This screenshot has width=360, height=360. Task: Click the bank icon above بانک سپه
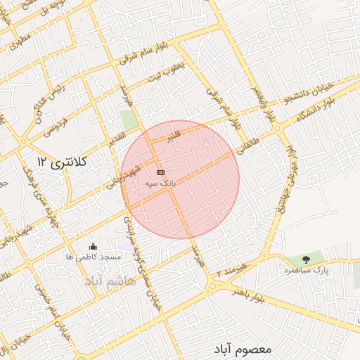coord(160,172)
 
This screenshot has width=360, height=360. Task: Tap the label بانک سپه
coord(160,183)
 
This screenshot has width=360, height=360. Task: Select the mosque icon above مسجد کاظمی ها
coord(94,246)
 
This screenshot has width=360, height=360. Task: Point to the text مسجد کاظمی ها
coord(94,257)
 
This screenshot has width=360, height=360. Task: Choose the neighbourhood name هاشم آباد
coord(109,281)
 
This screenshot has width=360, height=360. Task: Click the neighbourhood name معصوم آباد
coord(244,349)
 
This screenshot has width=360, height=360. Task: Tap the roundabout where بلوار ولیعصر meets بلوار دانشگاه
coord(278,128)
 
